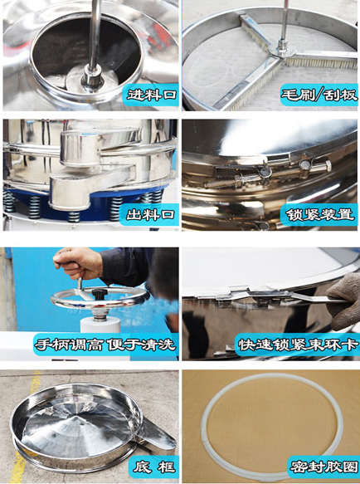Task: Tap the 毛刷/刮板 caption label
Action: tap(319, 95)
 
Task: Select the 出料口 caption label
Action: tap(151, 214)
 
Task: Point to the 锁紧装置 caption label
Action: tap(320, 214)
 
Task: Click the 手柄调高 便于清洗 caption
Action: tap(105, 345)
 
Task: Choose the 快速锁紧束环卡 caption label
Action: tap(299, 345)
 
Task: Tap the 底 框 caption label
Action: tap(154, 467)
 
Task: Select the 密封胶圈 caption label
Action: tap(324, 467)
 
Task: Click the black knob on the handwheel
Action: tap(100, 292)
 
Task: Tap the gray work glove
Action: tap(343, 301)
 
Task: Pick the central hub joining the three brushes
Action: tap(282, 50)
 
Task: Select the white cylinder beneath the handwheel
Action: tap(100, 324)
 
